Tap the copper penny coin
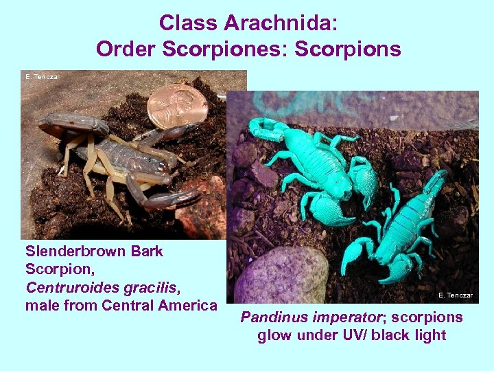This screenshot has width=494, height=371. coord(177,105)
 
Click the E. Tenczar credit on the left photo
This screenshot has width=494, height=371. coord(43,77)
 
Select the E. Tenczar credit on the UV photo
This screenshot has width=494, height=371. coord(455,295)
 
